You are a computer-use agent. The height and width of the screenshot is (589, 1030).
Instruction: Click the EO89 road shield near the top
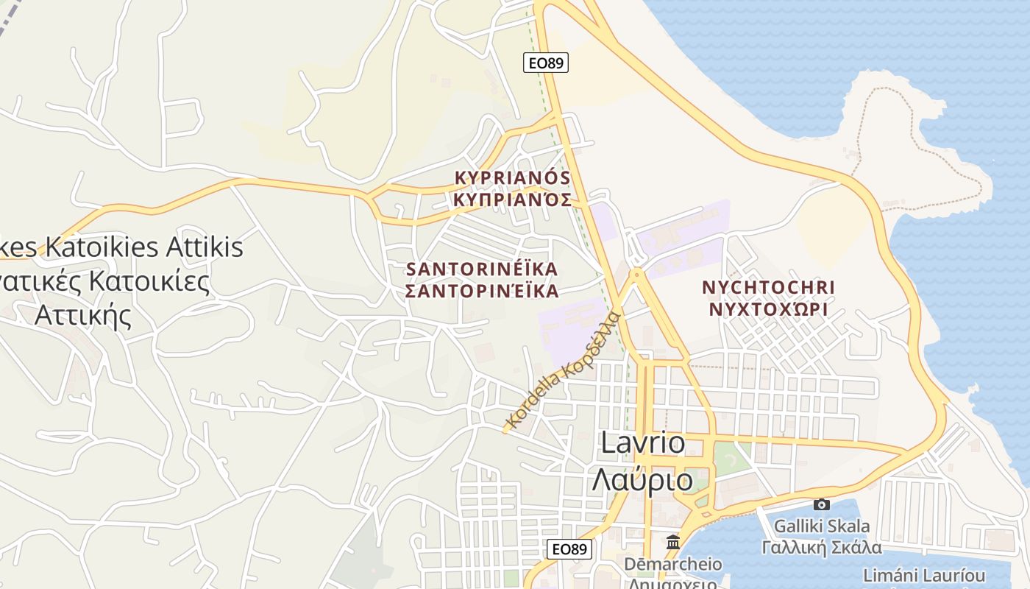pyautogui.click(x=546, y=63)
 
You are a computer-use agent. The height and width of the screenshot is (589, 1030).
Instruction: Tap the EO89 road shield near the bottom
pyautogui.click(x=569, y=549)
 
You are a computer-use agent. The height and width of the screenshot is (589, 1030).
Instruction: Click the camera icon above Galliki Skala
pyautogui.click(x=822, y=504)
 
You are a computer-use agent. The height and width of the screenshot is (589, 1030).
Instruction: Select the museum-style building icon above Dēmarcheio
pyautogui.click(x=672, y=543)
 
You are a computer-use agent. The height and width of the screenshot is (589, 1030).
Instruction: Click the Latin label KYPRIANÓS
pyautogui.click(x=513, y=177)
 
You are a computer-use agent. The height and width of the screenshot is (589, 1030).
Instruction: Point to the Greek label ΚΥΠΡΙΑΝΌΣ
pyautogui.click(x=513, y=199)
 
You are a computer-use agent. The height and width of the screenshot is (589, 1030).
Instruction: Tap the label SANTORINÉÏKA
pyautogui.click(x=482, y=268)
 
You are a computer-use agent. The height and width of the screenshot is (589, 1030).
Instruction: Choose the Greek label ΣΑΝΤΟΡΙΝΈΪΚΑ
pyautogui.click(x=482, y=291)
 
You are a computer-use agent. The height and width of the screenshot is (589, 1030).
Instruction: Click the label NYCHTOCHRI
pyautogui.click(x=769, y=286)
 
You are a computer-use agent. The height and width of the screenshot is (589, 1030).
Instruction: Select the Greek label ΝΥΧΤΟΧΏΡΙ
pyautogui.click(x=769, y=308)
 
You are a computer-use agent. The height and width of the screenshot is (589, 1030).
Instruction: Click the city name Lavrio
pyautogui.click(x=643, y=442)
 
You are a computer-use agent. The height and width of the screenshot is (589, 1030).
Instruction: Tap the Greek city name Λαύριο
pyautogui.click(x=643, y=480)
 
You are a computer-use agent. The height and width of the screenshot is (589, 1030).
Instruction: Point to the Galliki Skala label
pyautogui.click(x=822, y=526)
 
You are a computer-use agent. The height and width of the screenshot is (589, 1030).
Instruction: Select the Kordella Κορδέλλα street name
pyautogui.click(x=564, y=371)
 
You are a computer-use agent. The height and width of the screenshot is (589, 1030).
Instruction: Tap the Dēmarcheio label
pyautogui.click(x=673, y=565)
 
